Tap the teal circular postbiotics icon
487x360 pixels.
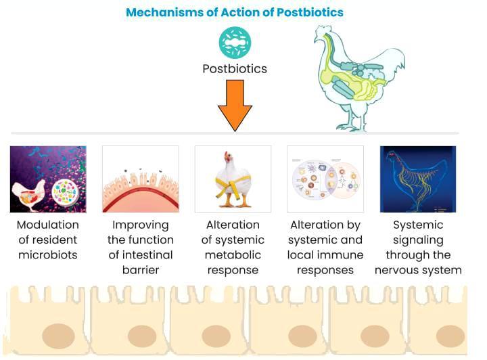click(235, 42)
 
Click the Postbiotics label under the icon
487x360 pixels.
click(235, 69)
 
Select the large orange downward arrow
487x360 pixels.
click(235, 104)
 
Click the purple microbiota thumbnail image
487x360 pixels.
click(48, 179)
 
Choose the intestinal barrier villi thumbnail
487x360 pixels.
click(141, 179)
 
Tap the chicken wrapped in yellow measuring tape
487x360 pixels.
click(233, 179)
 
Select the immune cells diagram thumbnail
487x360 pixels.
click(325, 179)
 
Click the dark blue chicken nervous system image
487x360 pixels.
click(418, 179)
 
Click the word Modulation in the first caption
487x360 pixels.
click(47, 225)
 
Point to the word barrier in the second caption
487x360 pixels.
click(140, 270)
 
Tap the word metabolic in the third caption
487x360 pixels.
click(233, 255)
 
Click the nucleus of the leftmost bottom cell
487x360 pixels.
click(59, 336)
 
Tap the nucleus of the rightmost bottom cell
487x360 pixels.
click(450, 336)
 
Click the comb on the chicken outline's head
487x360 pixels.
click(321, 32)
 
